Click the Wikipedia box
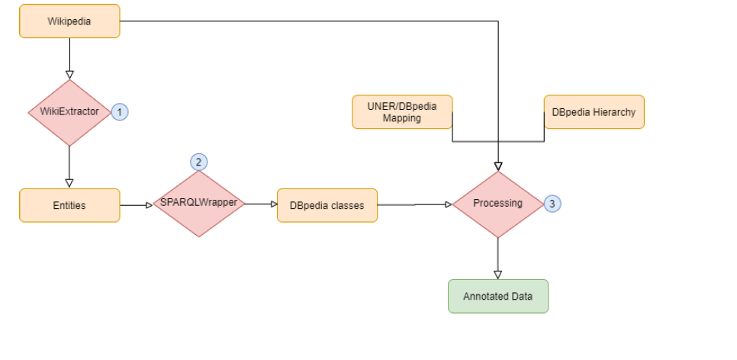tap(69, 21)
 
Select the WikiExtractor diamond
tap(69, 112)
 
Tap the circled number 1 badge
tap(120, 112)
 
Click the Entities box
tap(69, 205)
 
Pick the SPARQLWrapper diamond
tap(198, 204)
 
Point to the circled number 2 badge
tap(198, 162)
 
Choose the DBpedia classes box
tap(327, 205)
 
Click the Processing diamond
tap(497, 204)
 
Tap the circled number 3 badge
tap(552, 204)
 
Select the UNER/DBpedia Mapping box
tap(402, 112)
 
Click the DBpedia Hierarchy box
tap(594, 112)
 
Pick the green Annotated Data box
tap(497, 296)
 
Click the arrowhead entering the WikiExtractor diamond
tap(69, 75)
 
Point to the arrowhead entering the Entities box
tap(69, 183)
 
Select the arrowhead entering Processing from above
tap(497, 166)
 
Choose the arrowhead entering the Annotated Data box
tap(497, 274)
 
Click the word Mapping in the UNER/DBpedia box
tap(402, 118)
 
